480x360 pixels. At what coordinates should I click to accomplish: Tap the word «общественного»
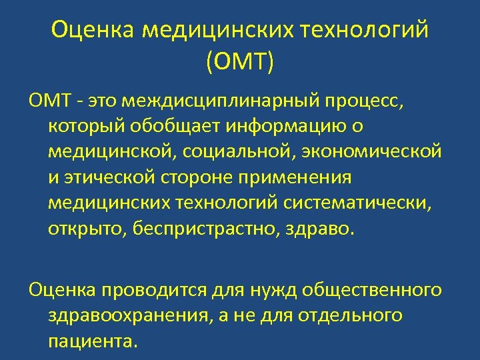(x=371, y=291)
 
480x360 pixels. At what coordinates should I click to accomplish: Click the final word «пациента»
(x=93, y=341)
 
